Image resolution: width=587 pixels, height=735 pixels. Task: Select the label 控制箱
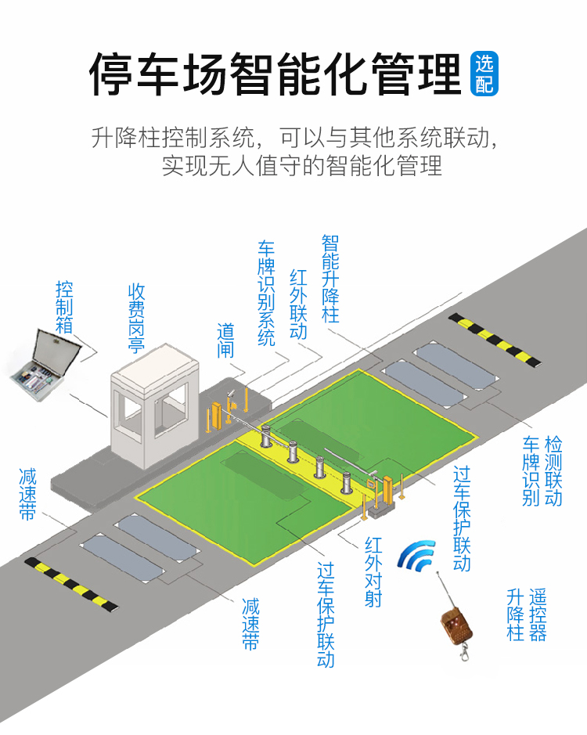point(64,307)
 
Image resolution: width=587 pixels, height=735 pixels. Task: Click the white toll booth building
point(148,407)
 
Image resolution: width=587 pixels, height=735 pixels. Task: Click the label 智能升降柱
point(330,278)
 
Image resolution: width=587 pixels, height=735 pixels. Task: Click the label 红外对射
point(373,571)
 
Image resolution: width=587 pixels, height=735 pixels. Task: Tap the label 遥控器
point(538,614)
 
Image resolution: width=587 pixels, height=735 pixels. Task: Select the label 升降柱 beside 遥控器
point(515,614)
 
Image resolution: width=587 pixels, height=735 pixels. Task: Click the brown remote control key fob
point(455,622)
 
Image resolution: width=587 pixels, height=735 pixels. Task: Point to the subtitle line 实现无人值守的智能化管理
point(302,166)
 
